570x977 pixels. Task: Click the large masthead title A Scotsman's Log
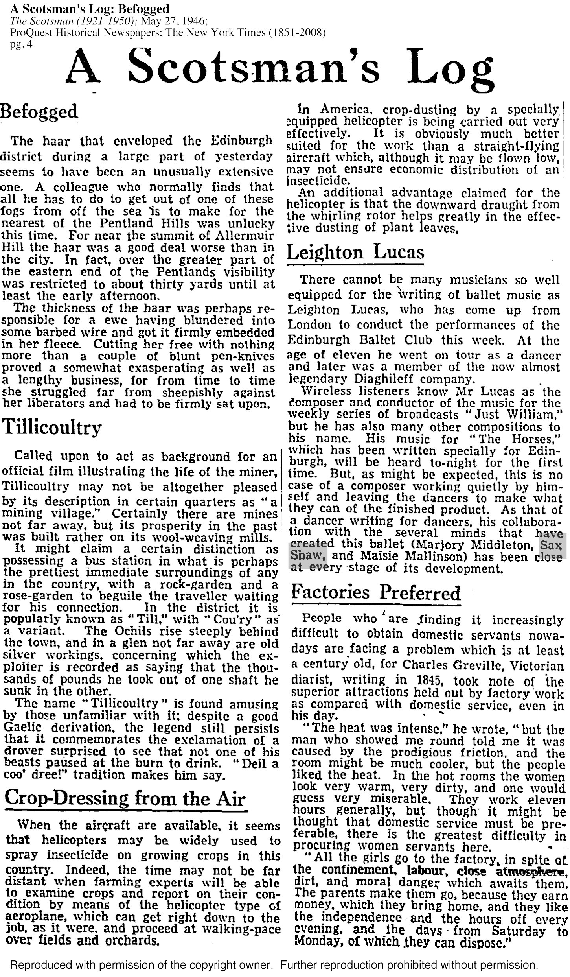pyautogui.click(x=279, y=66)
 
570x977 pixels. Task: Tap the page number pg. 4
pyautogui.click(x=21, y=44)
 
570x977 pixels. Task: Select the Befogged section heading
pyautogui.click(x=39, y=112)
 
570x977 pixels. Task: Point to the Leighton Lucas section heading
pyautogui.click(x=355, y=252)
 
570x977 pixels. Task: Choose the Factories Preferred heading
pyautogui.click(x=376, y=593)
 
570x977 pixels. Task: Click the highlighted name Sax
pyautogui.click(x=551, y=545)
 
